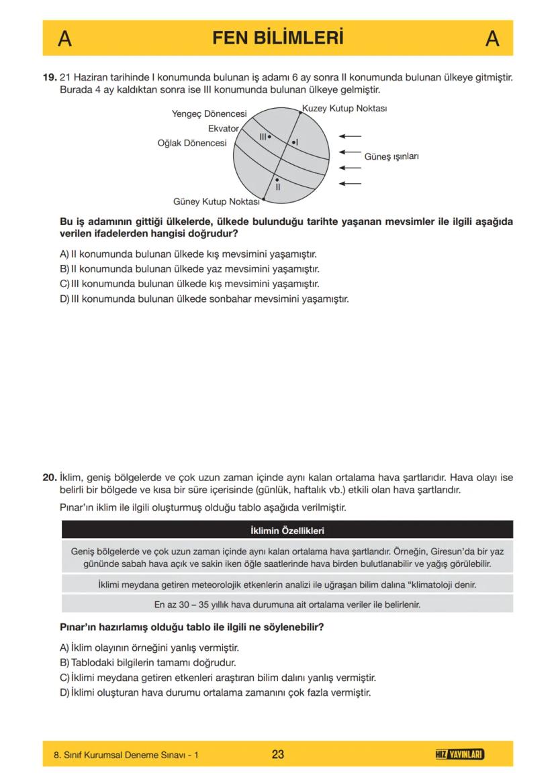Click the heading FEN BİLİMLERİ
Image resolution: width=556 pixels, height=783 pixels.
277,38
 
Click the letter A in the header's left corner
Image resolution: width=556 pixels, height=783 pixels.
64,39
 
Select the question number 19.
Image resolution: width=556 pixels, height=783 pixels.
50,78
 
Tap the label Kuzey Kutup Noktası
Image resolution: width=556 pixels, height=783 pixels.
344,108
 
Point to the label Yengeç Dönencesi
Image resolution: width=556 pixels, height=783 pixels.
209,114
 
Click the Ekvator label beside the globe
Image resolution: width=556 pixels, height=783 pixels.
223,128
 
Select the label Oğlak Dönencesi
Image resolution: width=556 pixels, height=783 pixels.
191,143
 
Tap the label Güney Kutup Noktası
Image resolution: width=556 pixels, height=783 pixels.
216,201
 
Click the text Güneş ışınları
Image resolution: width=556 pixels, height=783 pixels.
391,156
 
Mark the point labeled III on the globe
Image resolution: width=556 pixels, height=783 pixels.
269,136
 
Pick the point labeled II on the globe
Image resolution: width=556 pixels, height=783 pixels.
277,180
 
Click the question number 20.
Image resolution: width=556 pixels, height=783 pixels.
50,478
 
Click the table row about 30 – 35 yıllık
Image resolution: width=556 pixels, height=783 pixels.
287,605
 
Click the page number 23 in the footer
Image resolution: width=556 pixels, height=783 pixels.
277,754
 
